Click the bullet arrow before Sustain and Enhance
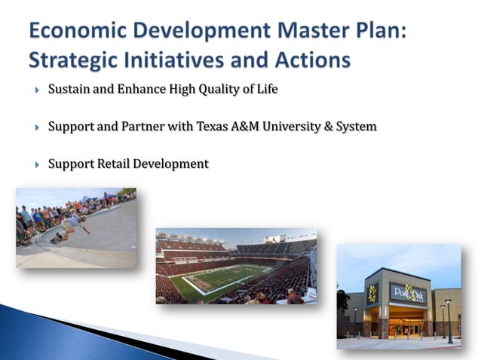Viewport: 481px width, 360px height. click(x=37, y=90)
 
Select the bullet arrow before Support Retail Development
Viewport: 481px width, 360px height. click(x=37, y=164)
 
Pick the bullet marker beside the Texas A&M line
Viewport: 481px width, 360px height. click(x=37, y=127)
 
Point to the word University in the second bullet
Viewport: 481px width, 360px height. click(x=293, y=127)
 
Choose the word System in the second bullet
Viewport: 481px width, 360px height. click(x=356, y=127)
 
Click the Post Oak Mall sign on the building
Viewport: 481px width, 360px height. click(x=407, y=292)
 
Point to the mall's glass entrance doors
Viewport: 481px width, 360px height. click(x=407, y=326)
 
